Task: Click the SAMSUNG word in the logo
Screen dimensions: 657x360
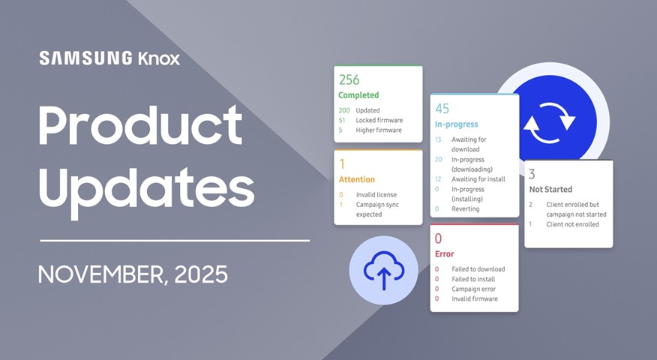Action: pos(86,58)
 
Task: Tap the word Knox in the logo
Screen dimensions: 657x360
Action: pos(159,58)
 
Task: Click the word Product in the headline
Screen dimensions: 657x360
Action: pos(140,126)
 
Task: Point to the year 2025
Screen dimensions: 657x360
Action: pos(201,274)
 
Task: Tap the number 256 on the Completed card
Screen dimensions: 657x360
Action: pos(349,79)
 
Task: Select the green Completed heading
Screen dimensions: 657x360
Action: pos(358,95)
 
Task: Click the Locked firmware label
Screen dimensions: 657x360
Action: pos(379,120)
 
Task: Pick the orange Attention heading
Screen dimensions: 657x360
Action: pos(357,179)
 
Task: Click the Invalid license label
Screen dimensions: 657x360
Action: pos(376,195)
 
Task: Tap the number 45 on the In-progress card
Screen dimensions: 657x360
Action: pos(442,109)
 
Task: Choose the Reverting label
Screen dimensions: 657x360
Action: pos(466,208)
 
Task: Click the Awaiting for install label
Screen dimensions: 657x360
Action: pos(478,179)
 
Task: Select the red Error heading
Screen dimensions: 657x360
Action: pos(445,254)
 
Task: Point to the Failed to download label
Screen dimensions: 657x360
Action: pos(478,269)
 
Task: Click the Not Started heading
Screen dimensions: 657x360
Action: pos(550,190)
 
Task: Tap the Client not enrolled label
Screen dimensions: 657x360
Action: pos(572,224)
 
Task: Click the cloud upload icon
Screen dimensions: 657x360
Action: pos(384,270)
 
